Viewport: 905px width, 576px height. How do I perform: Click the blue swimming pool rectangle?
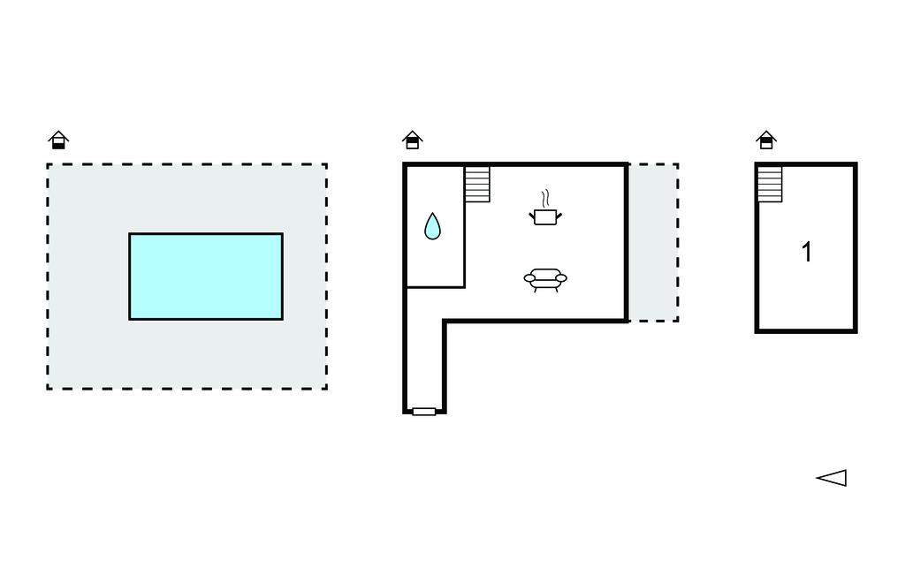pos(206,277)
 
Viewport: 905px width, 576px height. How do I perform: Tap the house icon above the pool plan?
pos(58,140)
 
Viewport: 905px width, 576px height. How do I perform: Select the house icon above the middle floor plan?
pos(412,140)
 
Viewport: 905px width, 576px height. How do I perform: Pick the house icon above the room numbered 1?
pos(766,140)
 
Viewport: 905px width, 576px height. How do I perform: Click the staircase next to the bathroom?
pos(477,184)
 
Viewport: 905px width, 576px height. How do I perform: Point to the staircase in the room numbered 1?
pos(770,184)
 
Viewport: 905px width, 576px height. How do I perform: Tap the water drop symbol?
pos(432,226)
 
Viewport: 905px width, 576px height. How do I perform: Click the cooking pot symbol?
pos(545,216)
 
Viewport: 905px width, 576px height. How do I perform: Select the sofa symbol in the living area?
pos(545,279)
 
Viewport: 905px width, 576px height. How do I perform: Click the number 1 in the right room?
pos(806,253)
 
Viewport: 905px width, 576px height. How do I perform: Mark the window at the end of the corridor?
pos(424,412)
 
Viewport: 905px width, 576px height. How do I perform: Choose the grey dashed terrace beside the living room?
pos(653,242)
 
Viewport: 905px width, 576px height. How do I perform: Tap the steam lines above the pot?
pos(545,196)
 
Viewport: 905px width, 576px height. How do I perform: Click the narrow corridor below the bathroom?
pos(424,353)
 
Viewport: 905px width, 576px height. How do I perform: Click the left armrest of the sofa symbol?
pos(530,278)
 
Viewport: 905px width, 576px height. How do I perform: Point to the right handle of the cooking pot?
pos(559,213)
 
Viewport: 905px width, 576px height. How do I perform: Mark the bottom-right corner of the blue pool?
pos(282,319)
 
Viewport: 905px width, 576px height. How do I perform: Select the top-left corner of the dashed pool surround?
pos(48,164)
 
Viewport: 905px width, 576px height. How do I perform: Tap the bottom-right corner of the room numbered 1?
pos(856,331)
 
